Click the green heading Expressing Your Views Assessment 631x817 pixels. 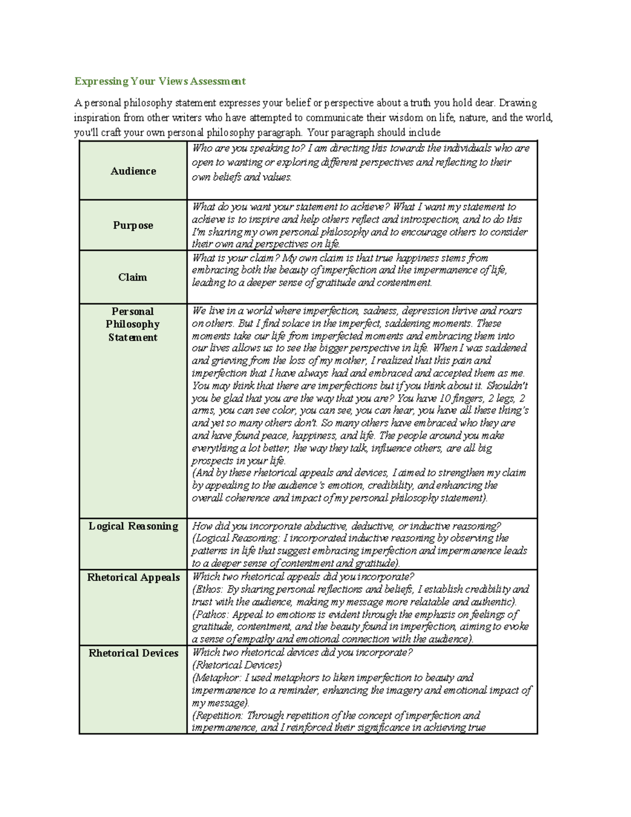160,81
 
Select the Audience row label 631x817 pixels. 133,171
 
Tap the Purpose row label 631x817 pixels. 133,225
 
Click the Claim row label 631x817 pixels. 133,277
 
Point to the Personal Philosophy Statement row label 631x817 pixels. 133,324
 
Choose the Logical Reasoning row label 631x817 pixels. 133,526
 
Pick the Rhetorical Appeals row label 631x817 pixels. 133,577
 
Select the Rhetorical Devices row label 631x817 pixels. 133,653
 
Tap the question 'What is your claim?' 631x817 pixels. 236,258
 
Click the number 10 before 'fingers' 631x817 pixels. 444,398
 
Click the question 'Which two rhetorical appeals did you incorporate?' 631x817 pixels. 303,577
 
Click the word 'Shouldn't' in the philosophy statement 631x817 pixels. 507,386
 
